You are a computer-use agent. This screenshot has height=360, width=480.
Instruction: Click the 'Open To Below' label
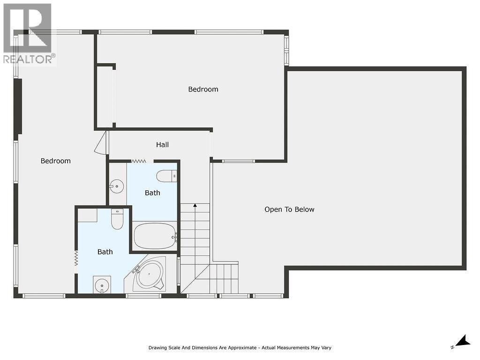click(x=289, y=210)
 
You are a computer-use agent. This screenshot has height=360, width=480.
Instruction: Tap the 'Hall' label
click(x=162, y=145)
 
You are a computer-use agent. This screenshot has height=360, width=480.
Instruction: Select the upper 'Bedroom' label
click(x=203, y=89)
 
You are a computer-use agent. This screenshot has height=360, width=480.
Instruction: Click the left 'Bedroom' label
click(x=55, y=161)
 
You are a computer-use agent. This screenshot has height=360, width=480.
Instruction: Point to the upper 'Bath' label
click(x=152, y=193)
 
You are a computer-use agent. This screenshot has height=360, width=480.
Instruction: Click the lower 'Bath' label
click(x=105, y=252)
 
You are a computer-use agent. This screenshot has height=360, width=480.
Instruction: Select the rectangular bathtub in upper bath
click(x=155, y=236)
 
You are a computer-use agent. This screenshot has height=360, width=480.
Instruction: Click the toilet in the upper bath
click(x=166, y=176)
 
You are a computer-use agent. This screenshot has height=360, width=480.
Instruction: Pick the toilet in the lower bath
click(x=117, y=219)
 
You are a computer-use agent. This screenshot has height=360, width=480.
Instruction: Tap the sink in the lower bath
click(x=102, y=285)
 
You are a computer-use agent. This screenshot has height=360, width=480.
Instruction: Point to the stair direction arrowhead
click(x=195, y=205)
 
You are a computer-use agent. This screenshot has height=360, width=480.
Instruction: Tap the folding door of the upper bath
click(x=139, y=161)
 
